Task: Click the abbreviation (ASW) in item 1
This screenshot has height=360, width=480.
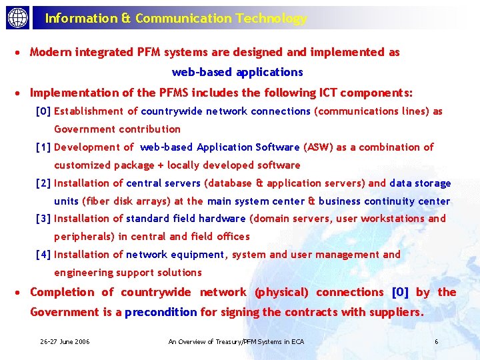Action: pos(318,147)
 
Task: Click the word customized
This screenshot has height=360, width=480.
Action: pos(81,165)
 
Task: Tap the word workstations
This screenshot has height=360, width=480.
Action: pos(393,218)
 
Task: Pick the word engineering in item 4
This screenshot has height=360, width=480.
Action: pos(82,272)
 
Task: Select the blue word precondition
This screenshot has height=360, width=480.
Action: pos(161,312)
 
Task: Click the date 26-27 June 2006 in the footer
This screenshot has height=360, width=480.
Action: pos(65,342)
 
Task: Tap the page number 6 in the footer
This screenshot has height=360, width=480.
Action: pos(436,342)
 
